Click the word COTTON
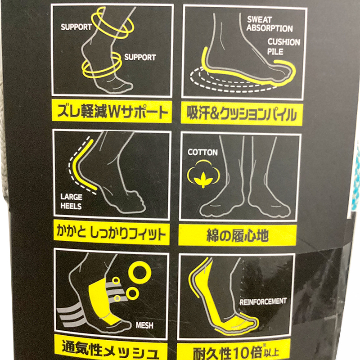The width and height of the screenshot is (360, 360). [x=202, y=153]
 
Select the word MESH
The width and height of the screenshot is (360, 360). [x=144, y=325]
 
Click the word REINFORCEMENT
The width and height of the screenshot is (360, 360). [x=263, y=301]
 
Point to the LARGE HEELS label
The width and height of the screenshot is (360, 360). [x=71, y=201]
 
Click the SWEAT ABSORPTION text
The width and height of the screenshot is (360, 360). [x=270, y=24]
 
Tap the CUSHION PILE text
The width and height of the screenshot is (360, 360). [x=283, y=47]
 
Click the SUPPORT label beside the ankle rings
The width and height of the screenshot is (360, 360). [x=76, y=27]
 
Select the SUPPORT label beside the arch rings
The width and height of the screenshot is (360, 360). [x=140, y=57]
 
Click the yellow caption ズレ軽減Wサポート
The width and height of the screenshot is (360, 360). [x=112, y=112]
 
